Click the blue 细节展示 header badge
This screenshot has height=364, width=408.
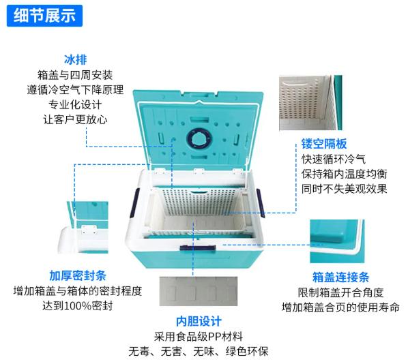[44, 16]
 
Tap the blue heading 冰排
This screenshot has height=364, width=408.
[75, 59]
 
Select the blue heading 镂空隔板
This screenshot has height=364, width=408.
[324, 144]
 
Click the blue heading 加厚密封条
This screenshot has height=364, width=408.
[78, 275]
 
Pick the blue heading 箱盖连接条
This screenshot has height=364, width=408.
[340, 277]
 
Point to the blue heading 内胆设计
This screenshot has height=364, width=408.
[199, 321]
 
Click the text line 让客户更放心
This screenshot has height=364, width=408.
[75, 119]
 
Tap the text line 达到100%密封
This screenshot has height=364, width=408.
[78, 305]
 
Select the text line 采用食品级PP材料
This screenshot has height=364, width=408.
[199, 337]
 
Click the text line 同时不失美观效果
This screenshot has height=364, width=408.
[345, 189]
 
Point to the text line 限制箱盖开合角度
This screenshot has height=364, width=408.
[340, 292]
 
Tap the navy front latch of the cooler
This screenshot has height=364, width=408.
[198, 247]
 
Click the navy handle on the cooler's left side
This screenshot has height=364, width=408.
[135, 202]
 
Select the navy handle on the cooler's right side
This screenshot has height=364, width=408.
[261, 203]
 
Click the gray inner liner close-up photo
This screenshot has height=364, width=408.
[199, 291]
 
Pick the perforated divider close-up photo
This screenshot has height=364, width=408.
[310, 103]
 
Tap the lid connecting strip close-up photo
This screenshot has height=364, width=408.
[337, 241]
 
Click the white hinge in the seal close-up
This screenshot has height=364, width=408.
[89, 230]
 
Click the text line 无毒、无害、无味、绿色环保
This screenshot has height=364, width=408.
[199, 352]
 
